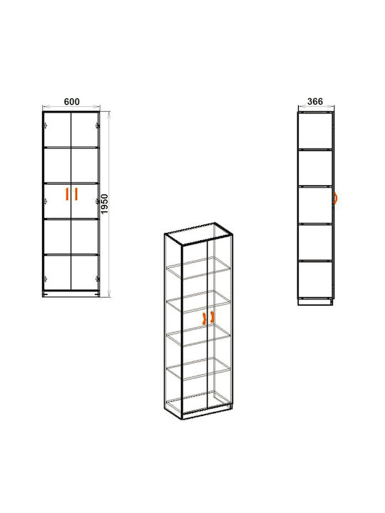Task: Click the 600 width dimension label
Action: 72,102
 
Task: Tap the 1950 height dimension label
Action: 104,204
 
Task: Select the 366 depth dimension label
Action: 315,101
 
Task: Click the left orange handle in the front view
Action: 66,194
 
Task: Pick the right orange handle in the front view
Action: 76,194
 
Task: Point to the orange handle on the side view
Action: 335,198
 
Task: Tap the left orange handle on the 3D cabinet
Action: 205,318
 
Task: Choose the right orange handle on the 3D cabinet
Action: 212,316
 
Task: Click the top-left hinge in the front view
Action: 45,125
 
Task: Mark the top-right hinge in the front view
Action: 97,125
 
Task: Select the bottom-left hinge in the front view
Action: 45,279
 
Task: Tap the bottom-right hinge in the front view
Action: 97,279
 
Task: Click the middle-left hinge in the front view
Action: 45,201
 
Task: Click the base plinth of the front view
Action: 71,294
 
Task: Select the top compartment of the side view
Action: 315,131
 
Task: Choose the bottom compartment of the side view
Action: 315,280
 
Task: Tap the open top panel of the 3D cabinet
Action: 198,234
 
